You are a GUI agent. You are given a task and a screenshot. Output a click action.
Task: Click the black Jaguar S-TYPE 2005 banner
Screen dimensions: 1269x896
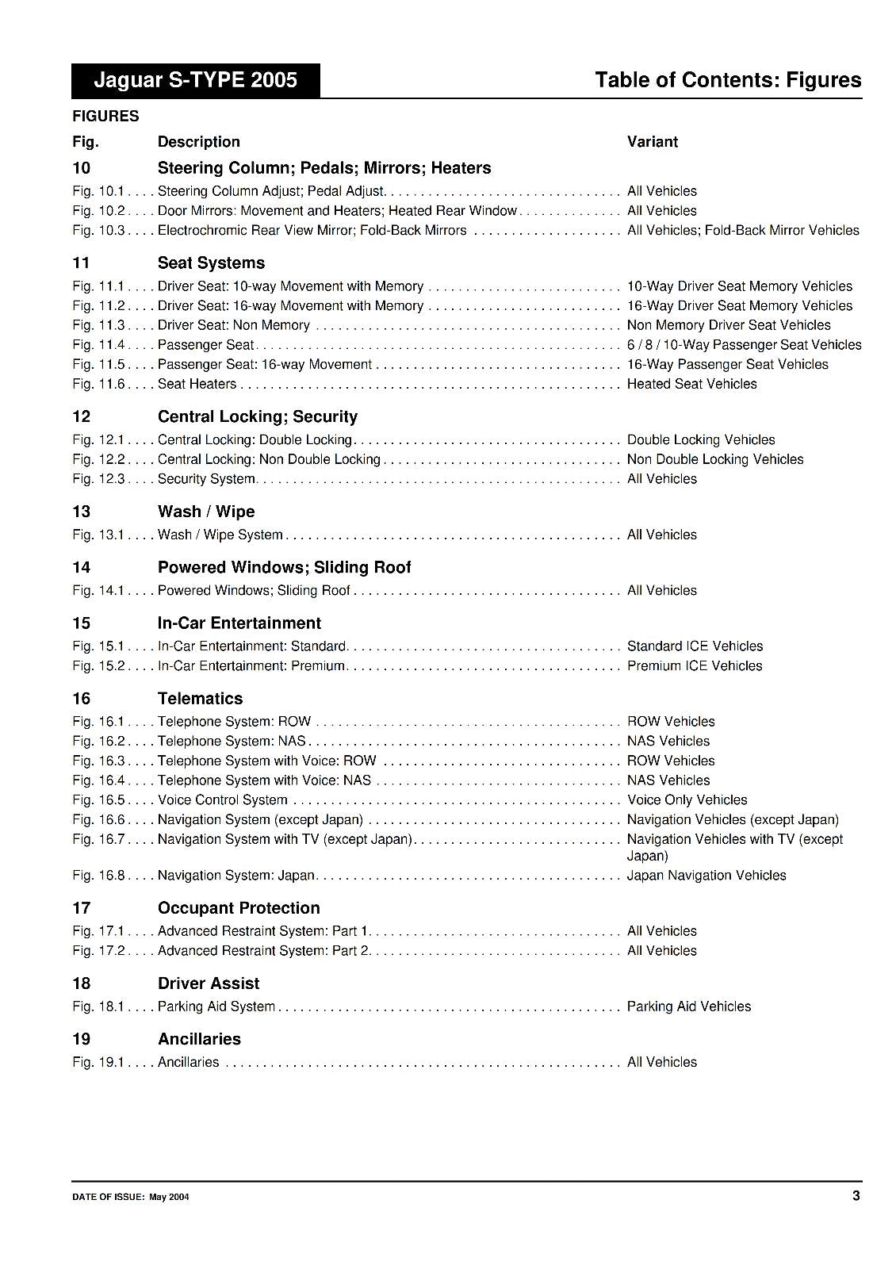pyautogui.click(x=195, y=80)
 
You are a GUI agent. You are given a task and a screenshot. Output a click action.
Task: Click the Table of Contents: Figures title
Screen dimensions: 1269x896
pyautogui.click(x=727, y=80)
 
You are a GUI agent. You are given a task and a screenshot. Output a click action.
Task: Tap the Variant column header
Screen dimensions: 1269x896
pyautogui.click(x=652, y=142)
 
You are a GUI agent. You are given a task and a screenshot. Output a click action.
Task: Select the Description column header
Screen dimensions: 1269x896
pyautogui.click(x=198, y=142)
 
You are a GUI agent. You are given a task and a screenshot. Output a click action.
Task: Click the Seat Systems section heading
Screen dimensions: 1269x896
pyautogui.click(x=211, y=263)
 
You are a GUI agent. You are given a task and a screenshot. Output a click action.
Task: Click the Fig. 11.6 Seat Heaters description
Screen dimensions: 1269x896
pyautogui.click(x=197, y=384)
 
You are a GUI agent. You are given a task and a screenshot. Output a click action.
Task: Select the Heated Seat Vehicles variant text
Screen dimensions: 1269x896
pyautogui.click(x=691, y=384)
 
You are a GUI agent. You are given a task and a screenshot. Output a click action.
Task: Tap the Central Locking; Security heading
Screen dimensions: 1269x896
pyautogui.click(x=257, y=416)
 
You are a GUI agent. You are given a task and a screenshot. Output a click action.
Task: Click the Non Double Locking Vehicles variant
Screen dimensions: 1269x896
pyautogui.click(x=714, y=459)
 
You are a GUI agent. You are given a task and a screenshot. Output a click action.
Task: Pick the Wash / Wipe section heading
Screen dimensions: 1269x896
pyautogui.click(x=206, y=512)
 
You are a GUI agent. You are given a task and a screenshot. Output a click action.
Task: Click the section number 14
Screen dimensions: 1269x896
pyautogui.click(x=81, y=567)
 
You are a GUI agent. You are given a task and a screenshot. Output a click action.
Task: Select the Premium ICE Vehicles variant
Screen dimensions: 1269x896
pyautogui.click(x=694, y=665)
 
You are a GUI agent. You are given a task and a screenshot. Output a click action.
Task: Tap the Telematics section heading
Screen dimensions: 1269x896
pyautogui.click(x=200, y=699)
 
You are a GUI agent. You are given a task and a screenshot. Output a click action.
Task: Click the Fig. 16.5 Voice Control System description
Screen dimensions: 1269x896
pyautogui.click(x=222, y=799)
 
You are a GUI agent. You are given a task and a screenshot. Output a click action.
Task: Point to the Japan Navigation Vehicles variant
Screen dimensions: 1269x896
pyautogui.click(x=706, y=875)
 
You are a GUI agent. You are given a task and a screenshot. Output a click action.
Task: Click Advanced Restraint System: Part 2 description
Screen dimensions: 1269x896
pyautogui.click(x=263, y=950)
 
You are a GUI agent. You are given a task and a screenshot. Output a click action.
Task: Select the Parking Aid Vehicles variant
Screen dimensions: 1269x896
pyautogui.click(x=688, y=1006)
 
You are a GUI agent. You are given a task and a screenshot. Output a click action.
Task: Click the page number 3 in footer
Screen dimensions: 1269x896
pyautogui.click(x=856, y=1196)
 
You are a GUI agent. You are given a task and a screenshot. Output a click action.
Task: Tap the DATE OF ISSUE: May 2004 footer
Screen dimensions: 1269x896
pyautogui.click(x=130, y=1198)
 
